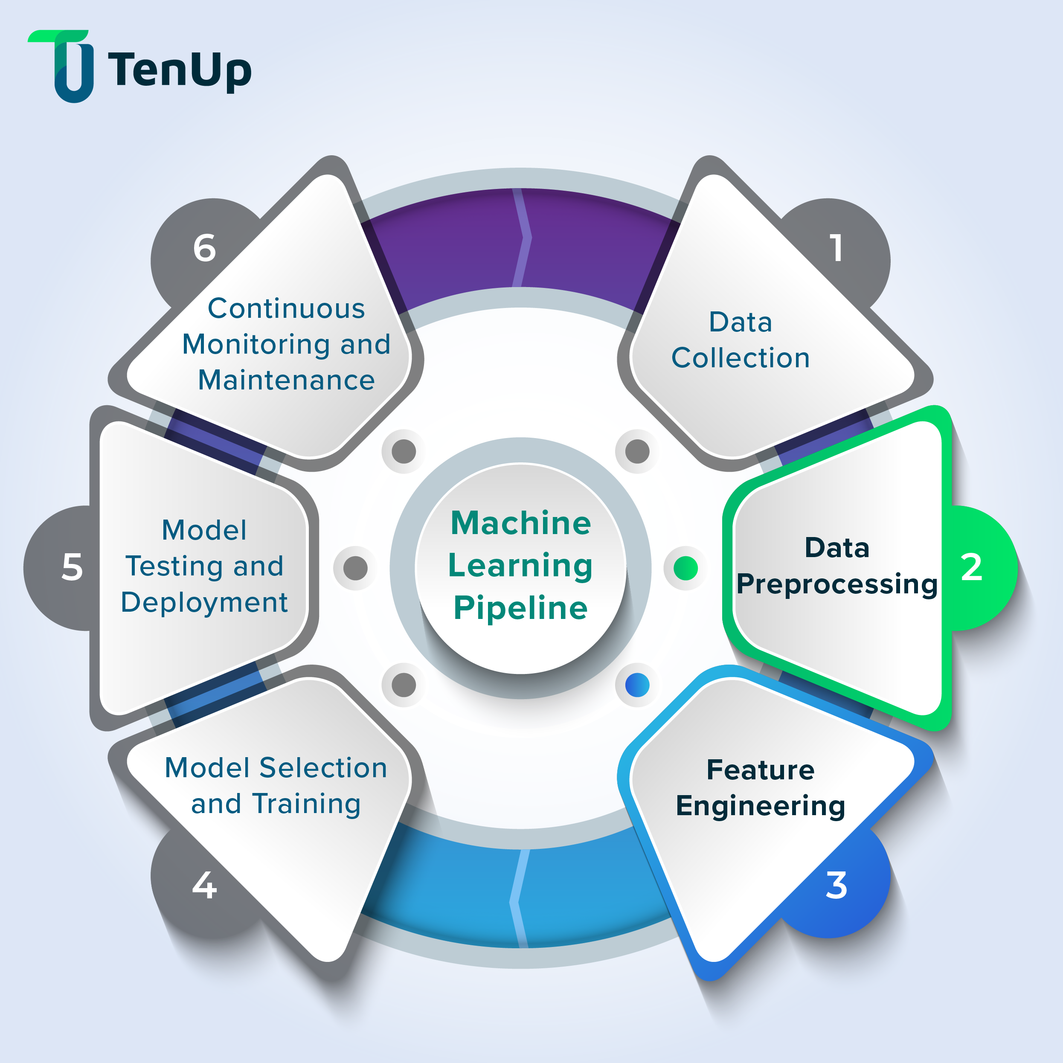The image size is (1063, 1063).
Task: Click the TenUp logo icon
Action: [x=66, y=66]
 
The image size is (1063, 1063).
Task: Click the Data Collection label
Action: [x=741, y=340]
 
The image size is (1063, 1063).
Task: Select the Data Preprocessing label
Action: [x=836, y=566]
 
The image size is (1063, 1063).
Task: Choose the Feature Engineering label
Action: [x=761, y=788]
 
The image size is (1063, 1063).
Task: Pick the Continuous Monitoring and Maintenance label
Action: [x=286, y=344]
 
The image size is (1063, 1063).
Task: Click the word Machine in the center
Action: [x=520, y=523]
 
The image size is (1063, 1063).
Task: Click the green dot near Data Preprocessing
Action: [x=685, y=568]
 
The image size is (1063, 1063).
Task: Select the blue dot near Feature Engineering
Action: [x=637, y=685]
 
